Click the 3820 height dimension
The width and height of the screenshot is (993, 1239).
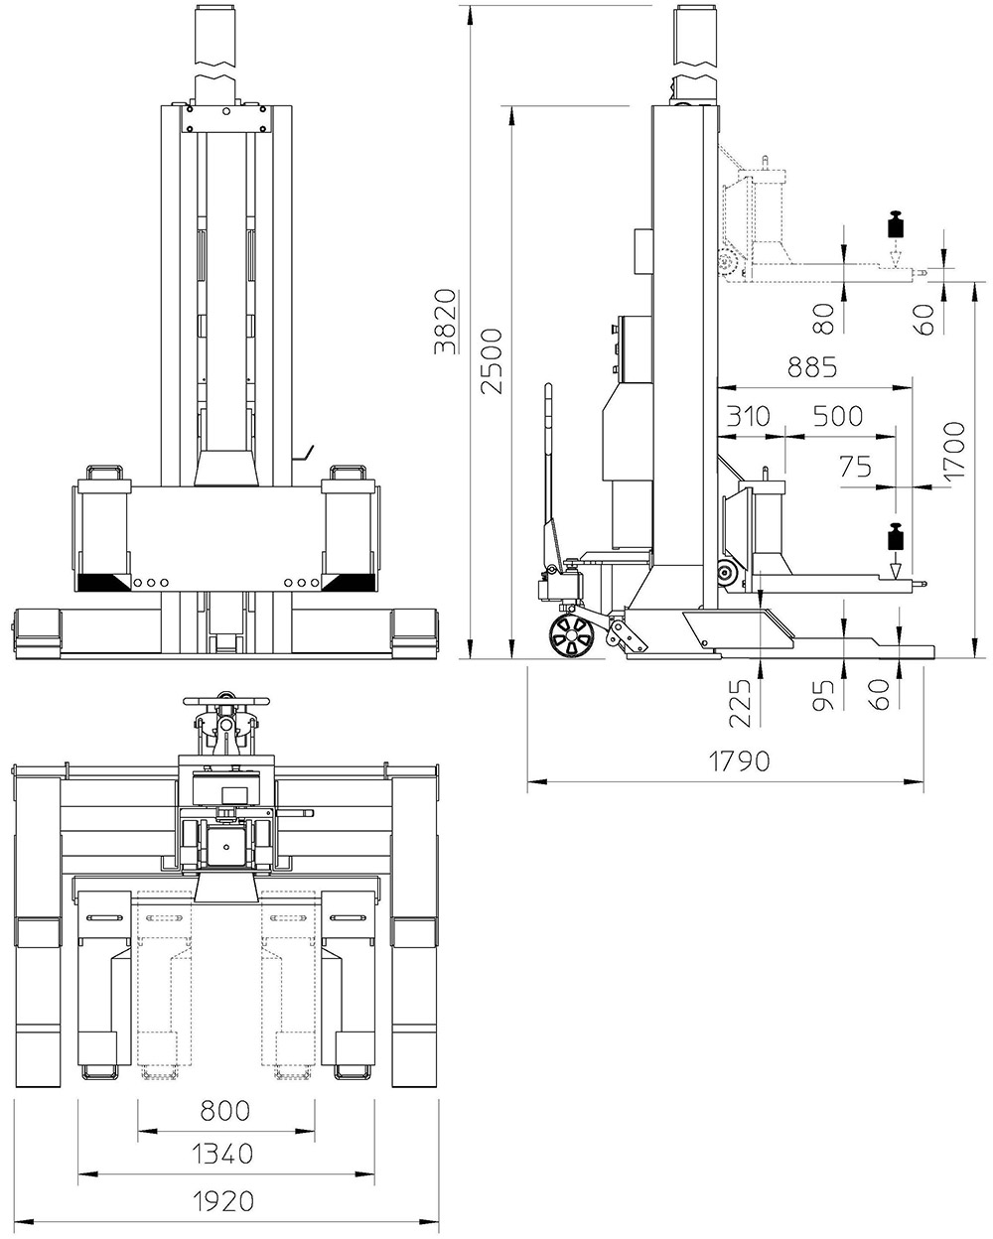pos(446,322)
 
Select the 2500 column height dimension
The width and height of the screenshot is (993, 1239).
pos(492,361)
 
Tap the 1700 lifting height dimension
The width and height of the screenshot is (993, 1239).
pos(954,451)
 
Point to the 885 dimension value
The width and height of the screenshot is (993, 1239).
pos(812,366)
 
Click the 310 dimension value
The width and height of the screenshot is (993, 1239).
pos(748,416)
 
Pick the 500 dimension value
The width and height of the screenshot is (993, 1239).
pos(837,416)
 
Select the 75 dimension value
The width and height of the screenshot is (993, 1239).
pos(855,467)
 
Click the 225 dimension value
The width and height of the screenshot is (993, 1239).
pos(741,703)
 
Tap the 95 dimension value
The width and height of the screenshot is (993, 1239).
pos(823,695)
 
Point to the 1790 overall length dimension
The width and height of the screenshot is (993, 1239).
pos(739,761)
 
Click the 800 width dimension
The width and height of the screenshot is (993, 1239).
pos(225,1111)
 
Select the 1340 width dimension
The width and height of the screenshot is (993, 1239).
pos(222,1154)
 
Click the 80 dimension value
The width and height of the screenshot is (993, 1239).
pos(823,319)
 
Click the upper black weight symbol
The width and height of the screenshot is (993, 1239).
pos(896,224)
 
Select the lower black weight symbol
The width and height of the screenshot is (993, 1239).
pos(896,535)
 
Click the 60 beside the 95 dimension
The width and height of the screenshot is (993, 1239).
pos(879,694)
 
